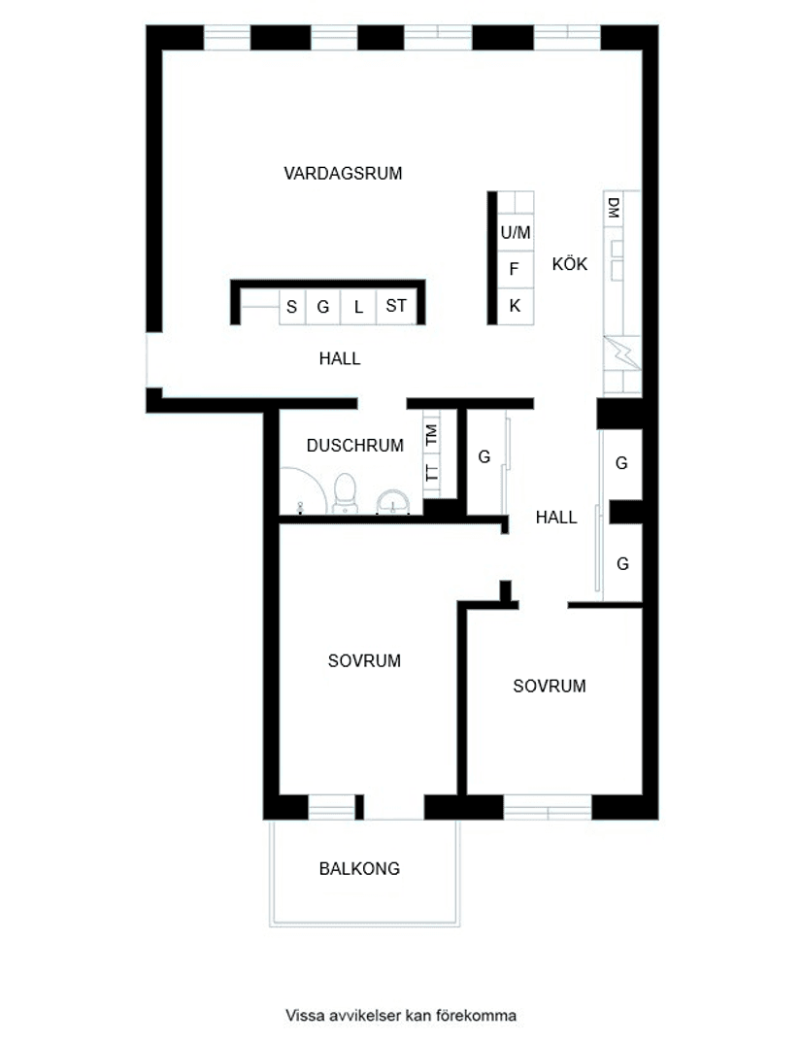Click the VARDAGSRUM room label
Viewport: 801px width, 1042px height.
click(343, 174)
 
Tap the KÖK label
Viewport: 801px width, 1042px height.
click(570, 264)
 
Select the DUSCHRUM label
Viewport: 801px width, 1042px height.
click(354, 446)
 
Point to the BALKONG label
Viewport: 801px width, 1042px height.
click(359, 869)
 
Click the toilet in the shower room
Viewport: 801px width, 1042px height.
click(344, 492)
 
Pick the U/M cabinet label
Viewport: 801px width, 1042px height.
click(516, 233)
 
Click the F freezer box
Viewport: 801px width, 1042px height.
click(515, 269)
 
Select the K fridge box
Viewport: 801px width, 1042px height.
click(515, 306)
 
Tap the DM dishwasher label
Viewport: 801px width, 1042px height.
click(614, 208)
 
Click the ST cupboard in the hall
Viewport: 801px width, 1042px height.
click(396, 307)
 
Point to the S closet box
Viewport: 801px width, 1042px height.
click(291, 308)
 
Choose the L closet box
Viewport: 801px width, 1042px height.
click(358, 308)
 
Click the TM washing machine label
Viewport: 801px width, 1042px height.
click(431, 435)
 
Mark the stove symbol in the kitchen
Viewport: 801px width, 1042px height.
click(621, 351)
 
